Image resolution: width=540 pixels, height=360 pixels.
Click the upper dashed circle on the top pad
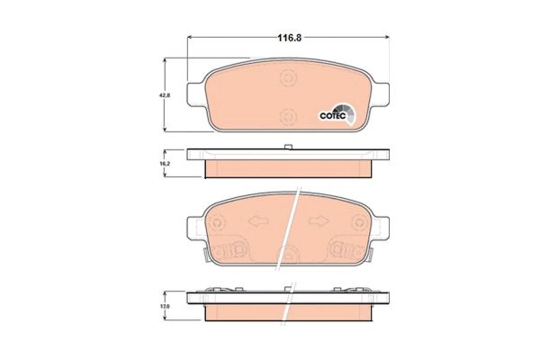[288, 78]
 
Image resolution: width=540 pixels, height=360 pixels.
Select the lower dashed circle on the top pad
[288, 114]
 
